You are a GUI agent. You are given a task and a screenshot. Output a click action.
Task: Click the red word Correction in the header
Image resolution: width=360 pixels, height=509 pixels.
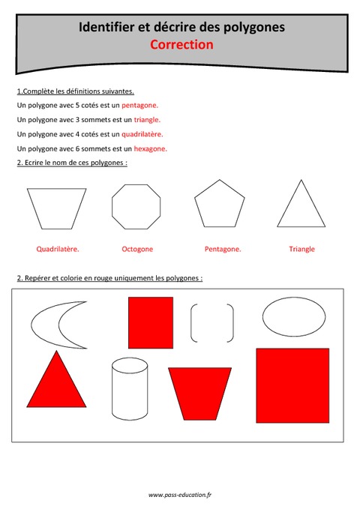click(x=181, y=44)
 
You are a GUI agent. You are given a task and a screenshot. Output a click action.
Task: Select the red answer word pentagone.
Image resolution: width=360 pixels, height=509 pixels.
click(x=139, y=106)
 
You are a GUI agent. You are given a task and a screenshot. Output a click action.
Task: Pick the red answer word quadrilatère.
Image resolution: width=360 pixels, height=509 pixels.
click(x=142, y=134)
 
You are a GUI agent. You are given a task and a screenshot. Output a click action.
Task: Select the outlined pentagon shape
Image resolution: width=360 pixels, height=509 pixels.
click(x=220, y=205)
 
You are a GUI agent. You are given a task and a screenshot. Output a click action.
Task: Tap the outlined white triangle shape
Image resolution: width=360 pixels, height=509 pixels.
click(x=301, y=206)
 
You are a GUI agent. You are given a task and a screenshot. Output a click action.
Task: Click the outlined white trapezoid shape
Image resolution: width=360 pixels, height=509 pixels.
click(x=56, y=208)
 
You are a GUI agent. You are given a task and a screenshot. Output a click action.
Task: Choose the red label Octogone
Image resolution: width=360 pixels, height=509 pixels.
click(x=137, y=249)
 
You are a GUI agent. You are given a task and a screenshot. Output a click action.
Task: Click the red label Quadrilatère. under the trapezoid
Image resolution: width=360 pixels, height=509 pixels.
click(x=58, y=249)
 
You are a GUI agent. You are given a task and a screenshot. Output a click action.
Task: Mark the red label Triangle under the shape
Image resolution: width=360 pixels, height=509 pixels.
click(x=301, y=249)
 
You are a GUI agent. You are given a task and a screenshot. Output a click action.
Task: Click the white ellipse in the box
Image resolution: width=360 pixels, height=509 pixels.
click(x=293, y=317)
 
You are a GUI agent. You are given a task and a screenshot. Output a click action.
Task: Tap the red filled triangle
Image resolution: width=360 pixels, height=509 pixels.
click(x=56, y=383)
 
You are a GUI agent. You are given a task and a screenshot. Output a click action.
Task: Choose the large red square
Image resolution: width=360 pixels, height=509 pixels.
click(x=292, y=385)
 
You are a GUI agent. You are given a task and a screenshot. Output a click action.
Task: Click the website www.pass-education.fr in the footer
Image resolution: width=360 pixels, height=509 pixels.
click(x=180, y=495)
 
